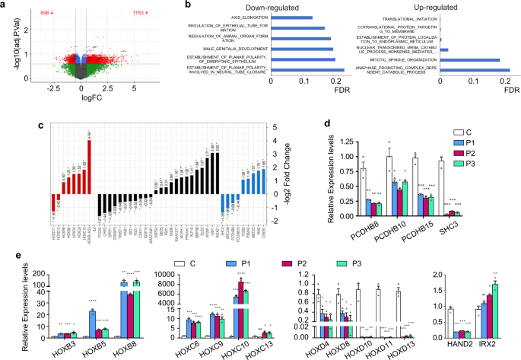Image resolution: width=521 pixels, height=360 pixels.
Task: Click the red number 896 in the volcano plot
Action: pyautogui.click(x=46, y=13)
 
